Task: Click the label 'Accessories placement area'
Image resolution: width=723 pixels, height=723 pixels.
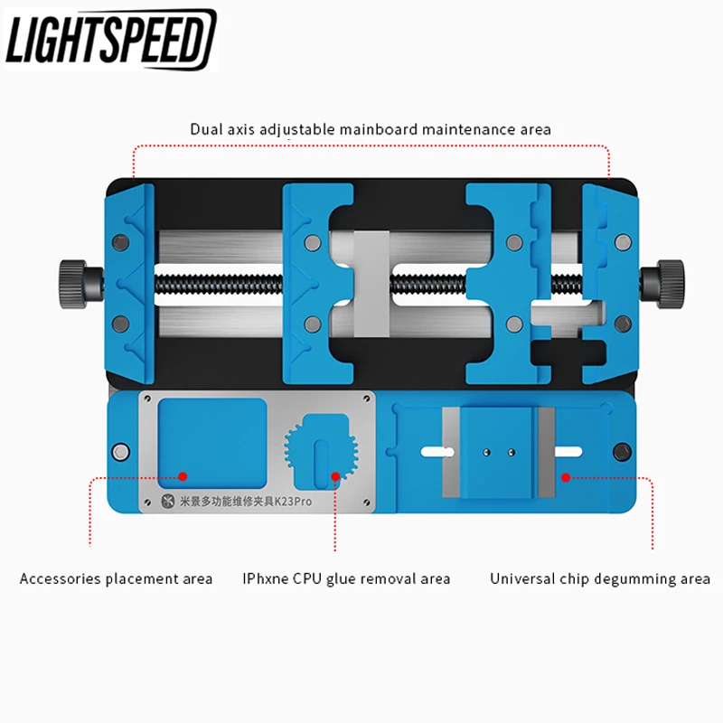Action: (117, 578)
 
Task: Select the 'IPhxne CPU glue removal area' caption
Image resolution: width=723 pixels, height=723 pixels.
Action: (346, 578)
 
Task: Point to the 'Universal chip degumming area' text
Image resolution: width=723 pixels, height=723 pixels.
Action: (600, 578)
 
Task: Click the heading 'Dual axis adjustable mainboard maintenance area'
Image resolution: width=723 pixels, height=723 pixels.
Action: (371, 129)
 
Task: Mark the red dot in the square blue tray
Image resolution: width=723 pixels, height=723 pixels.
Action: (183, 474)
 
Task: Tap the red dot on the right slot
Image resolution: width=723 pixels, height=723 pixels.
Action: (566, 474)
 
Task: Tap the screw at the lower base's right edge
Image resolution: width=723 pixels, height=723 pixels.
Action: (621, 451)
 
